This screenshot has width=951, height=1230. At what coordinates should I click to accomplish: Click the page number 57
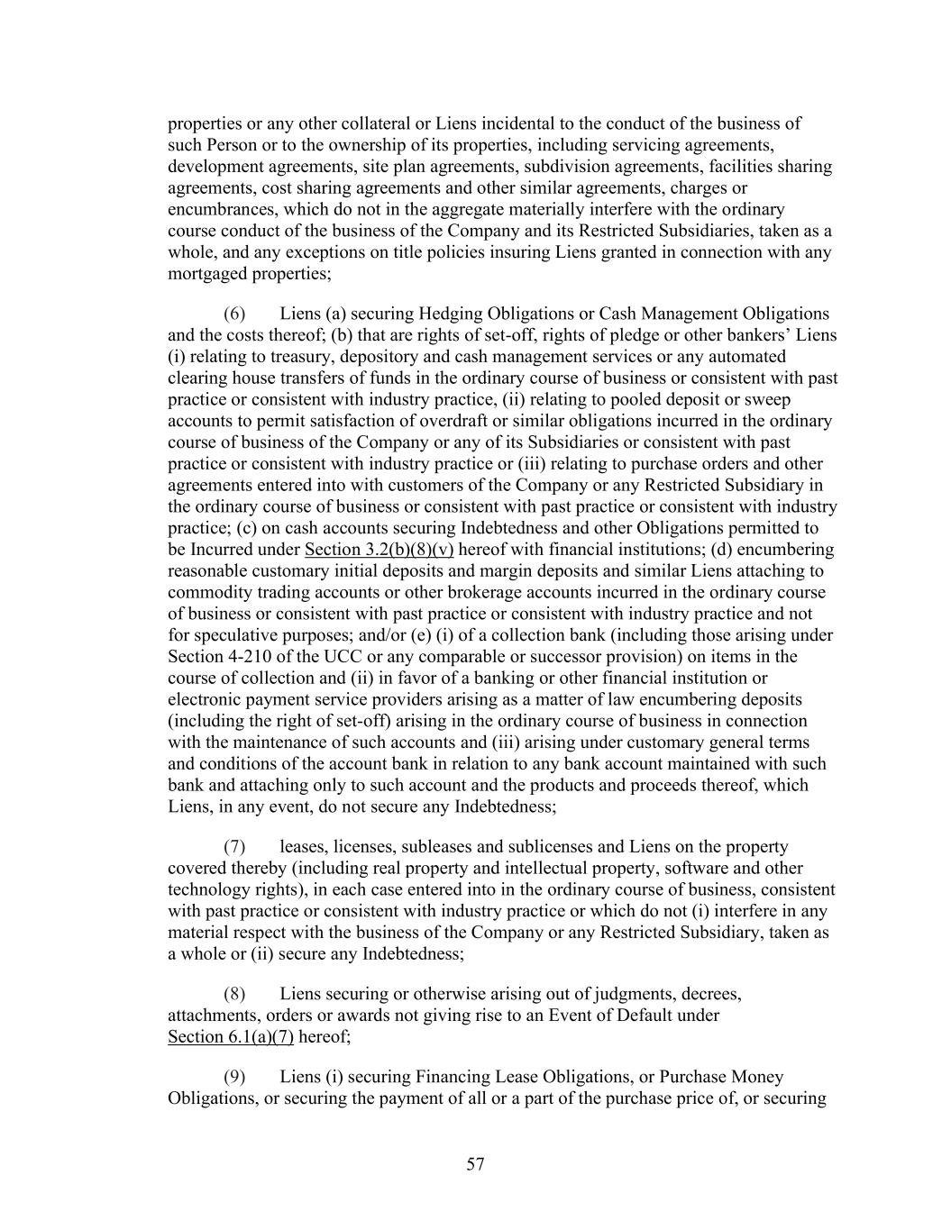(x=475, y=1164)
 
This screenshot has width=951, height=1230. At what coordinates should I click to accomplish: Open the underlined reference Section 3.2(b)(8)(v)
(x=379, y=550)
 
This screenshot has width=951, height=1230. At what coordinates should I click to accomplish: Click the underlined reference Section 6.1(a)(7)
(x=231, y=1037)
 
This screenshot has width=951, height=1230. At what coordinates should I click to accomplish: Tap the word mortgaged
(x=205, y=274)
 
